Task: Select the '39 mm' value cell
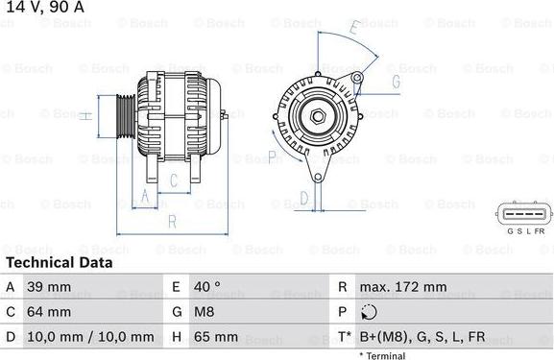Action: point(52,287)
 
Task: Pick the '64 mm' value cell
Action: point(52,312)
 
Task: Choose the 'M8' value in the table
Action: point(204,312)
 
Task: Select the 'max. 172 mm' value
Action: point(402,287)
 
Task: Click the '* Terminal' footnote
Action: point(382,355)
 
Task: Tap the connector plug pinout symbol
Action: point(524,213)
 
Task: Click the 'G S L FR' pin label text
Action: point(525,232)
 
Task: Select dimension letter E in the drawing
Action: point(353,28)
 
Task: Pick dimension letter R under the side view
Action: point(171,220)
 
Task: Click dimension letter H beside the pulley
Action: point(84,116)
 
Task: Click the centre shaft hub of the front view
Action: point(316,116)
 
